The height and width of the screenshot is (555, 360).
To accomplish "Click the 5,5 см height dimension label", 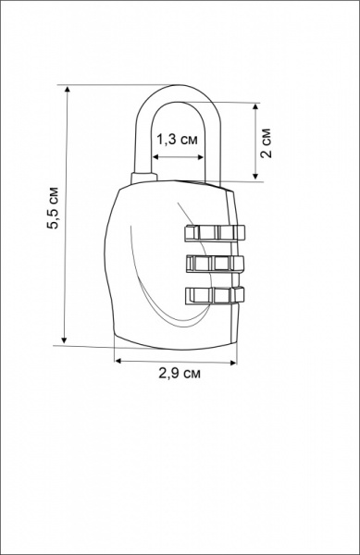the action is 54,207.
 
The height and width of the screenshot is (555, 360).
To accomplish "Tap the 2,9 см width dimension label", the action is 180,374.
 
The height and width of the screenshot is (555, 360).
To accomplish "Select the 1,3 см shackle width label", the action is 177,140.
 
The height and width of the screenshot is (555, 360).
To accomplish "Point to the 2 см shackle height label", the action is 266,142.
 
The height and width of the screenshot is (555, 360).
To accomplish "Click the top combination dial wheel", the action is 215,232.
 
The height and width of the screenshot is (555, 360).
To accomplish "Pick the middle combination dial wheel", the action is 215,264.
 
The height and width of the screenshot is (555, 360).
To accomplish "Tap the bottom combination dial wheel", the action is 215,296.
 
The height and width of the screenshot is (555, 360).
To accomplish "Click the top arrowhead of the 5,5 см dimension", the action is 68,89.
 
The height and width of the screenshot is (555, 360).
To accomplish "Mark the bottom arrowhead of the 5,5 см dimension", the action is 64,340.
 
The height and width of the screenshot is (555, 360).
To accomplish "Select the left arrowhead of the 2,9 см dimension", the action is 118,361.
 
